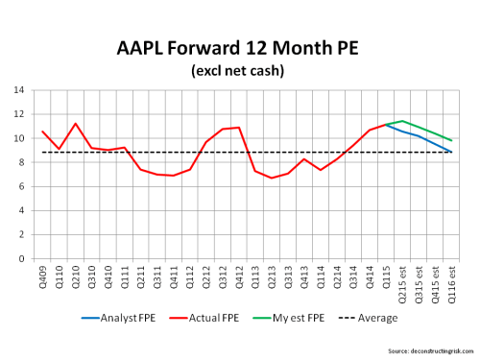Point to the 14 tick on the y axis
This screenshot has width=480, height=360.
point(19,90)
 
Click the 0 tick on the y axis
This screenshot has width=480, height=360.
point(22,258)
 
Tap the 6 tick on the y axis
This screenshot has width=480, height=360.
point(22,186)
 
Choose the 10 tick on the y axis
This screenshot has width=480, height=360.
point(19,138)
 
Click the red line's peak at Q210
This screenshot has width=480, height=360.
point(76,124)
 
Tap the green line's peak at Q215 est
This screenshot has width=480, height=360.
point(402,121)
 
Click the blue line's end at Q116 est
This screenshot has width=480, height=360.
point(451,152)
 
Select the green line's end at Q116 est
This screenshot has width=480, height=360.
point(451,141)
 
